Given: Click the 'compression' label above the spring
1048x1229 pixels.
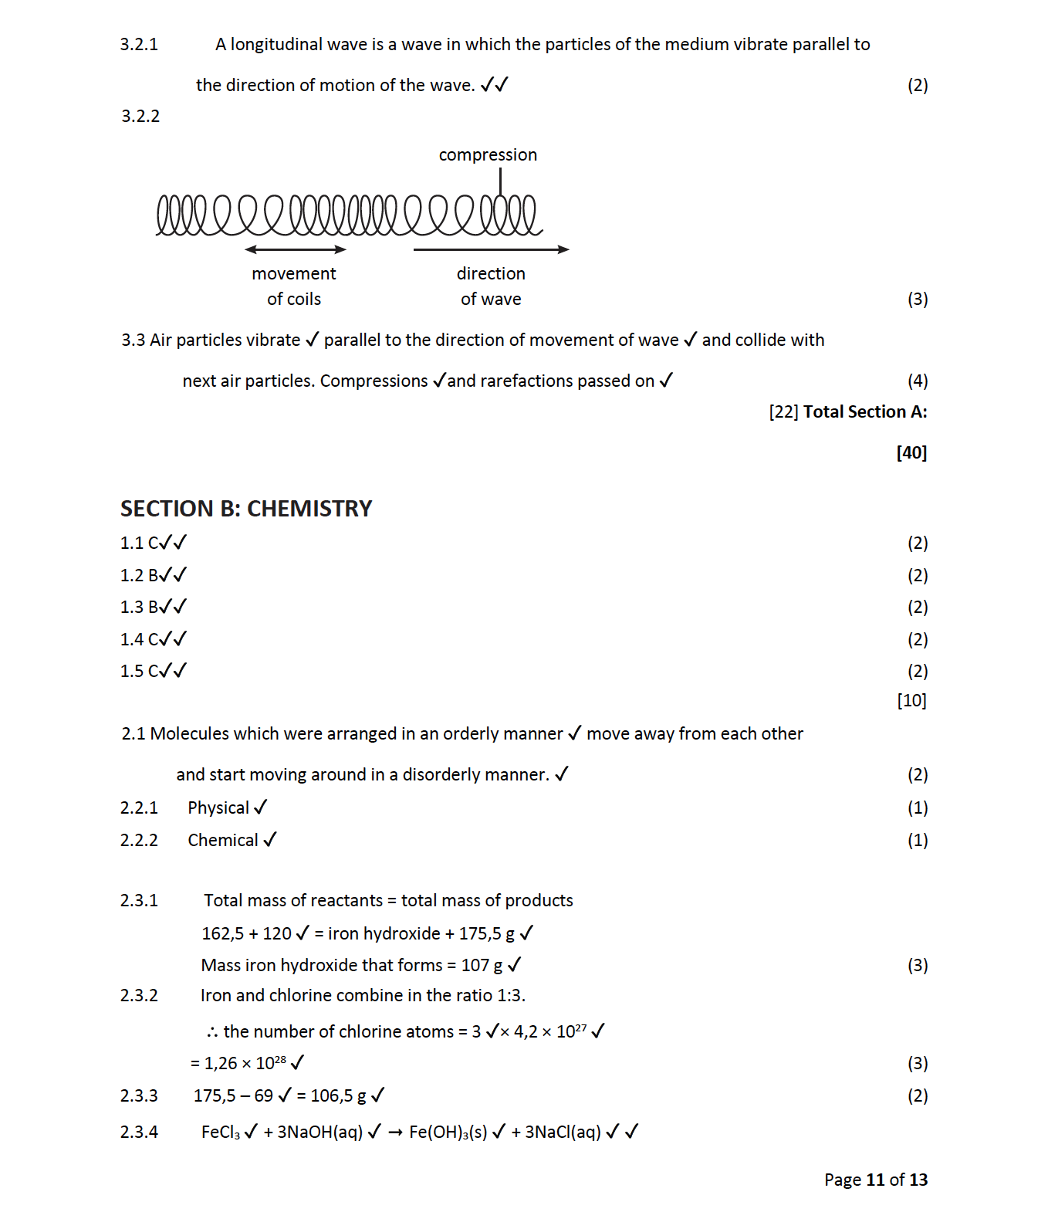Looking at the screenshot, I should click(x=488, y=155).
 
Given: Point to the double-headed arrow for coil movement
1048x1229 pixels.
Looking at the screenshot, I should click(x=295, y=249).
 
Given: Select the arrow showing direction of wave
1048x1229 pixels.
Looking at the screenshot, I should click(x=491, y=249).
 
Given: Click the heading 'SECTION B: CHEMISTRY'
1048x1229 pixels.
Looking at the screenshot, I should click(x=246, y=509).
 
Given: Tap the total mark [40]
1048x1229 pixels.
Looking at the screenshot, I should click(x=911, y=452).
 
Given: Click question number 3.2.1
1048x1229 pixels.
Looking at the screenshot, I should click(x=139, y=45).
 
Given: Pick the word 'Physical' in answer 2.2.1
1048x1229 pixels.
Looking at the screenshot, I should click(x=218, y=808).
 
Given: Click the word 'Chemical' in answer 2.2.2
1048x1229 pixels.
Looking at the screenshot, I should click(x=223, y=841).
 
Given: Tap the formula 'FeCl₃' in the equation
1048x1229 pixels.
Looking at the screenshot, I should click(x=221, y=1133).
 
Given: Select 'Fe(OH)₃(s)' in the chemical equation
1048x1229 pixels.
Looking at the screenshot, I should click(x=448, y=1133).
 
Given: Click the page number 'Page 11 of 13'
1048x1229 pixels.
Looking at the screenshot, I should click(x=875, y=1180).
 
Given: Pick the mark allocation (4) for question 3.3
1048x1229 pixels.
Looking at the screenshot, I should click(x=917, y=381).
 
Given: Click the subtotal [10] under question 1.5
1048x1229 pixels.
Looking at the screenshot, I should click(x=911, y=701).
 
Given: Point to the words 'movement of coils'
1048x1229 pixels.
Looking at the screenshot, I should click(x=294, y=286).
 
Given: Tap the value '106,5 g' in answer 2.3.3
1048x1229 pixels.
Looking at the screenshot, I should click(x=338, y=1096).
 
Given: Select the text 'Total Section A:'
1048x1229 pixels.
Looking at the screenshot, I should click(x=864, y=412).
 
